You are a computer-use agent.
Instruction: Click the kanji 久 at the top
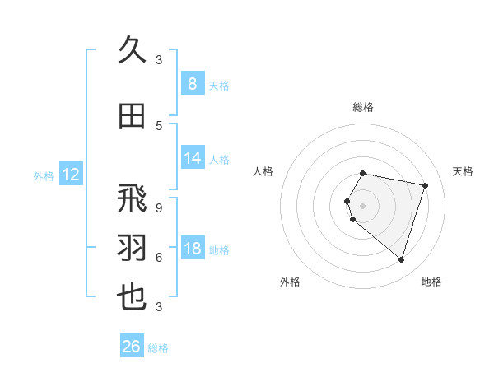pyautogui.click(x=133, y=50)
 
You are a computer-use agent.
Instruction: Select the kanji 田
pyautogui.click(x=133, y=116)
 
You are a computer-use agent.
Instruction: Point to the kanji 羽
pyautogui.click(x=133, y=248)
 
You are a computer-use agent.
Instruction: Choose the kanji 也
pyautogui.click(x=133, y=296)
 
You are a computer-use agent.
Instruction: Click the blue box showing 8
pyautogui.click(x=192, y=84)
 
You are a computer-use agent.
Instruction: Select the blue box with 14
pyautogui.click(x=192, y=158)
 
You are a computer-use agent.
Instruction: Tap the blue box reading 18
pyautogui.click(x=192, y=249)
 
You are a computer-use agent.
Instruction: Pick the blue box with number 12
pyautogui.click(x=70, y=175)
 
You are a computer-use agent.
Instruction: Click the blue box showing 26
pyautogui.click(x=132, y=347)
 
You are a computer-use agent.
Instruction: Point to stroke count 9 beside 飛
pyautogui.click(x=159, y=208)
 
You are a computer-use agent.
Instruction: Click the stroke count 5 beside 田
pyautogui.click(x=159, y=125)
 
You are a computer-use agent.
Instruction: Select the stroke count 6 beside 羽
pyautogui.click(x=159, y=257)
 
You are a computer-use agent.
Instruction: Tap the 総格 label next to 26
pyautogui.click(x=158, y=348)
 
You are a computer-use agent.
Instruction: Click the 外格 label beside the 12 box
pyautogui.click(x=44, y=175)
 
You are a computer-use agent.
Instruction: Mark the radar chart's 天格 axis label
pyautogui.click(x=463, y=171)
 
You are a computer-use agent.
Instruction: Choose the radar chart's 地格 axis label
pyautogui.click(x=431, y=282)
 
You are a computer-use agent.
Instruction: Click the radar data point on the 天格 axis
pyautogui.click(x=425, y=185)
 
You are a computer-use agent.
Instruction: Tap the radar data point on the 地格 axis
pyautogui.click(x=401, y=260)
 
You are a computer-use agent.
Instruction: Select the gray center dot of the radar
pyautogui.click(x=363, y=205)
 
